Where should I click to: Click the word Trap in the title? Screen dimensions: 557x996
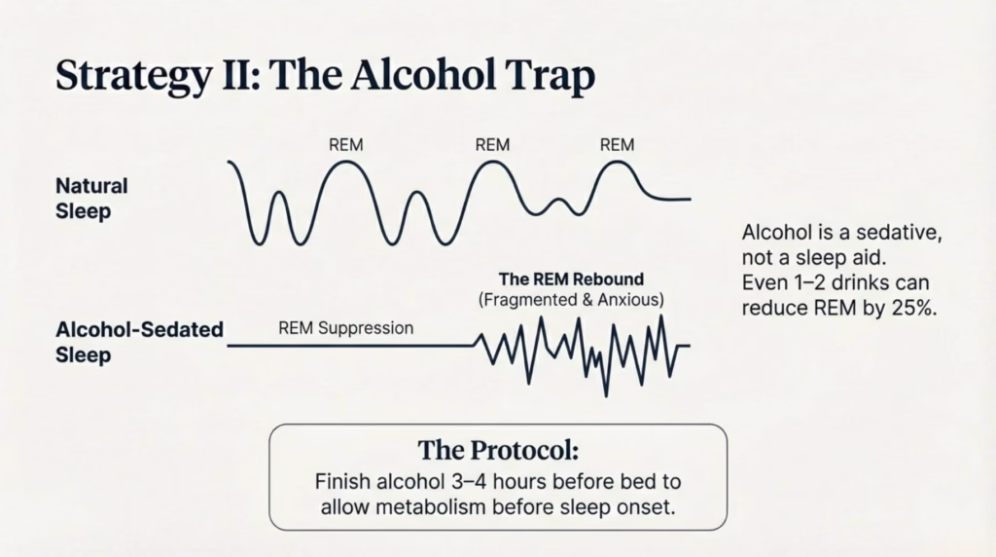click(548, 77)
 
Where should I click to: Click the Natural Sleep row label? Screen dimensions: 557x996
click(91, 198)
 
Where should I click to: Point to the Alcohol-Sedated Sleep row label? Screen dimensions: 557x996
click(139, 342)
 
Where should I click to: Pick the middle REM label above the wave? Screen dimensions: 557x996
click(492, 145)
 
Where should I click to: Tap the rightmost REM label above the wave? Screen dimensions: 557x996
click(617, 145)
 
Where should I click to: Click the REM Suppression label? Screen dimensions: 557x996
click(345, 328)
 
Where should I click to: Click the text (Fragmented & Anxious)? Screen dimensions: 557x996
click(571, 301)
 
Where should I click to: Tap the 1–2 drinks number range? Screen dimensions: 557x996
click(802, 284)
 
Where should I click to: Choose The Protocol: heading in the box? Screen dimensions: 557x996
click(497, 451)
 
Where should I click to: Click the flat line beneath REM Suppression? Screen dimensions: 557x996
click(350, 346)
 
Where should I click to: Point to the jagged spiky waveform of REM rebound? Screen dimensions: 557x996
click(584, 349)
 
